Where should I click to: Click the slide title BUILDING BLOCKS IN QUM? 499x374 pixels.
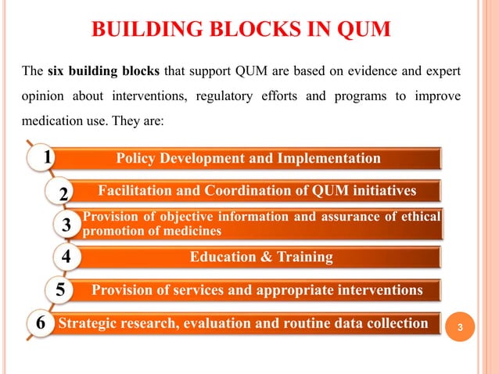point(242,31)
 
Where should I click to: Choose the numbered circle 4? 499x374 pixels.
point(66,257)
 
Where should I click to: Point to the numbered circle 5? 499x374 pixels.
point(59,291)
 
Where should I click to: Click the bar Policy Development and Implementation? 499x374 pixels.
point(249,159)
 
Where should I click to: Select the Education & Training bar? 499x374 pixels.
point(261,257)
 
